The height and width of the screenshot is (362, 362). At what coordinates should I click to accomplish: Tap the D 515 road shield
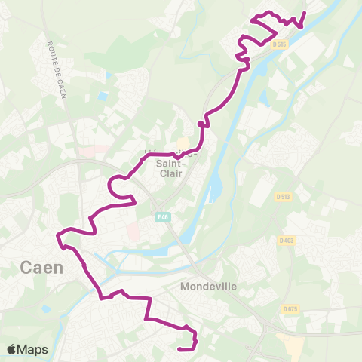pos(279,44)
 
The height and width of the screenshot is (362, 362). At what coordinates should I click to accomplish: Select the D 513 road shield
pos(284,197)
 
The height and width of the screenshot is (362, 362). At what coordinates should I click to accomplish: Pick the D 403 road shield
pos(286,241)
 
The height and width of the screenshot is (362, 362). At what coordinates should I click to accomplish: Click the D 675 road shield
pos(291,309)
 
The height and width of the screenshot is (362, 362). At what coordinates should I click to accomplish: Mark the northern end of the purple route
pos(304,14)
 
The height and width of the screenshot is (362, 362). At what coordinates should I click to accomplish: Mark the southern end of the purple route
pos(179,348)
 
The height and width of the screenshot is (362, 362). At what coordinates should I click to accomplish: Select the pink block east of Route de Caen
pos(87,152)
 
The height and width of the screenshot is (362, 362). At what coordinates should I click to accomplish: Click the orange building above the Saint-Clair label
pos(183,143)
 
